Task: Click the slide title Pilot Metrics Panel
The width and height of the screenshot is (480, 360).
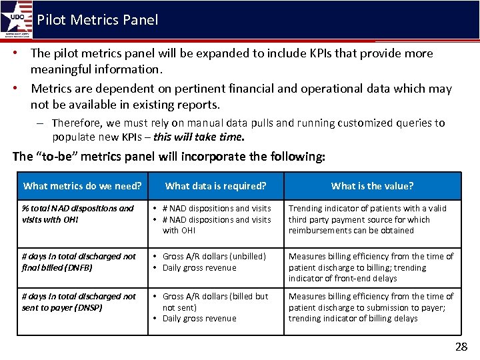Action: [x=97, y=19]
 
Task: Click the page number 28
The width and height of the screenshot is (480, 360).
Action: [x=461, y=346]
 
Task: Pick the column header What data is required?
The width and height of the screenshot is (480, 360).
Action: [x=215, y=186]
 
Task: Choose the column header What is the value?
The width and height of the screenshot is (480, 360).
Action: [x=372, y=186]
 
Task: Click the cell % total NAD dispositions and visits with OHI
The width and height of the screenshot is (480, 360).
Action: [x=77, y=213]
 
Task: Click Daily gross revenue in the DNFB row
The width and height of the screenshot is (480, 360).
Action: [x=199, y=267]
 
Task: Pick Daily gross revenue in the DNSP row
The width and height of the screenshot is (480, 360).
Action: [x=199, y=318]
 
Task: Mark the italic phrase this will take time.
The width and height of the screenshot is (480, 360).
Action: [x=199, y=137]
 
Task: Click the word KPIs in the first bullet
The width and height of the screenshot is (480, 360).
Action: [x=290, y=53]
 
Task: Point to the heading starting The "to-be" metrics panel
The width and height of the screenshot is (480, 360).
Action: [x=169, y=157]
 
